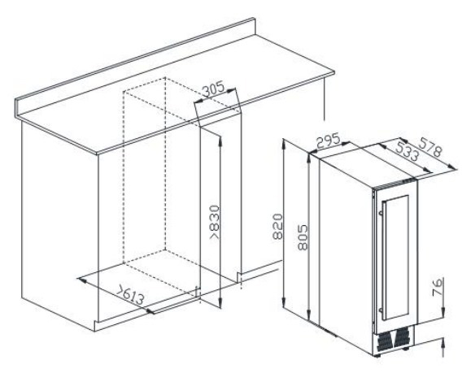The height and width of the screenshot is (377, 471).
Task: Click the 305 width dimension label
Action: click(213, 89)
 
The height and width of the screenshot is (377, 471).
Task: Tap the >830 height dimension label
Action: click(215, 223)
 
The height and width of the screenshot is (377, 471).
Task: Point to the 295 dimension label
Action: click(329, 141)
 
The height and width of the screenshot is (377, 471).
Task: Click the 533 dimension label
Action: click(407, 151)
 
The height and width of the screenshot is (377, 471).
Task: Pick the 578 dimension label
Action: click(430, 147)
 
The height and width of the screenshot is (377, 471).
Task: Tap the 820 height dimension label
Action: click(277, 226)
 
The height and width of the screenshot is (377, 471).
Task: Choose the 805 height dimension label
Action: click(303, 237)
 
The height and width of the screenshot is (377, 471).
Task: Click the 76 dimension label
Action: click(438, 287)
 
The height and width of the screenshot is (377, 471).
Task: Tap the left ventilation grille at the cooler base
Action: click(384, 341)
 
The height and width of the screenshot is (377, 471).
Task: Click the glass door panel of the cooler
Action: click(396, 258)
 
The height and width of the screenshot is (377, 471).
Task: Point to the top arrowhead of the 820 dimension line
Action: click(284, 142)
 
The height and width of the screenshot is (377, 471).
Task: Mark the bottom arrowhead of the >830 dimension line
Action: click(220, 302)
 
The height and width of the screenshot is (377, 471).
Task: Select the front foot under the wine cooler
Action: click(377, 356)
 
